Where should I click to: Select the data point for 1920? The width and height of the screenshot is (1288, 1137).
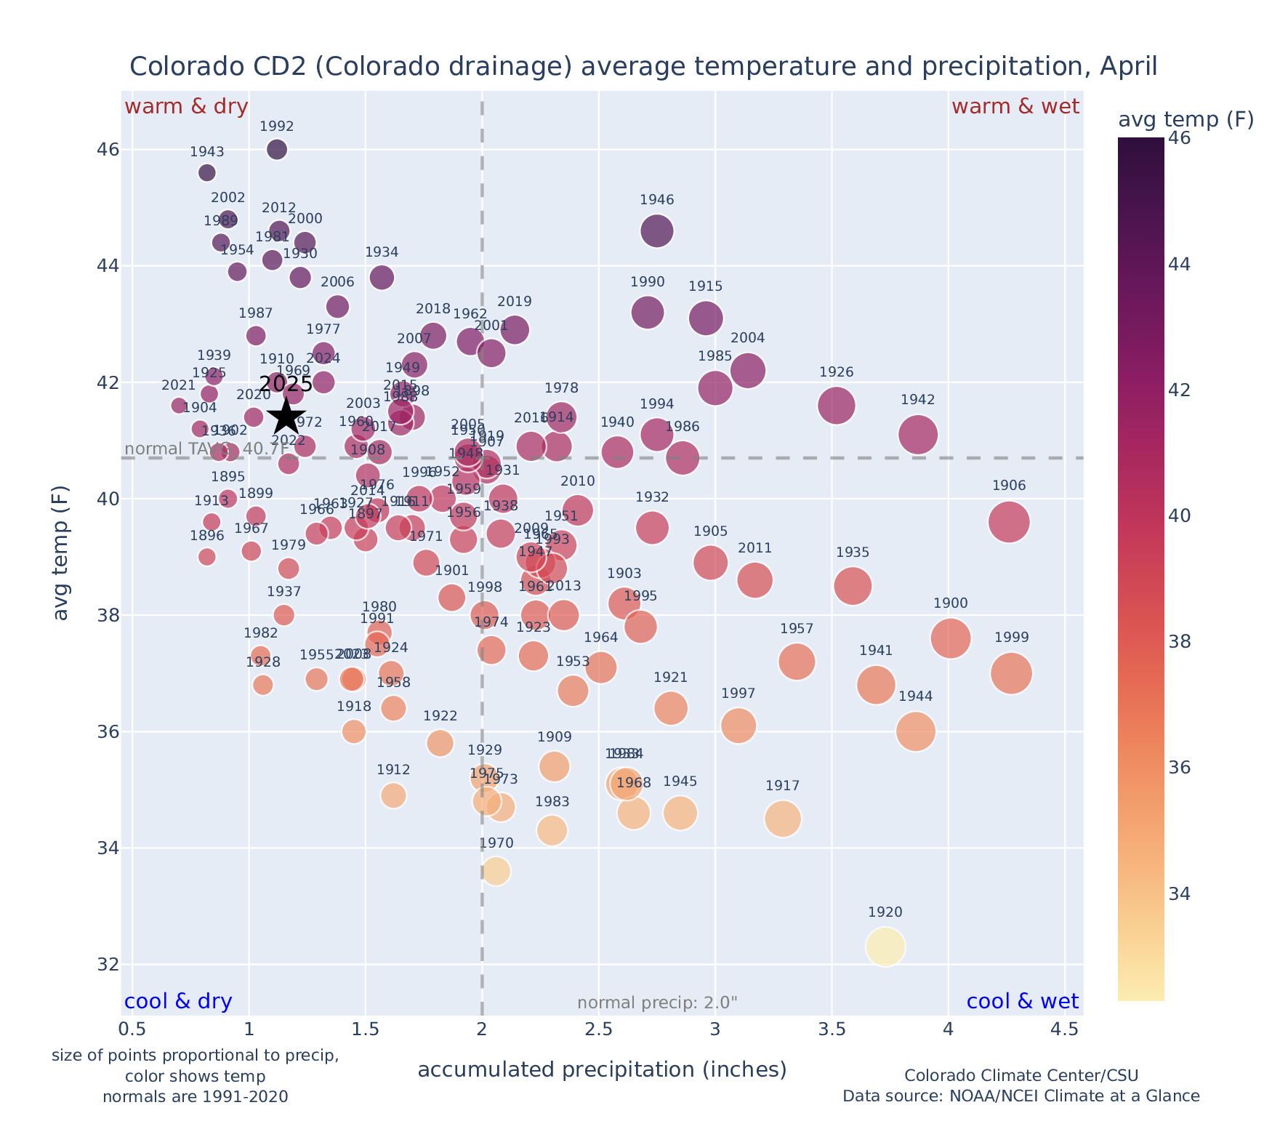(x=885, y=947)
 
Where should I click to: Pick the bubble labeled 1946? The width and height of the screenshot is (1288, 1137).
(x=656, y=231)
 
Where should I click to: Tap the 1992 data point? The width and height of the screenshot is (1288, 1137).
(x=277, y=150)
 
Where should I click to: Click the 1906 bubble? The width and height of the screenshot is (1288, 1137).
(x=1008, y=522)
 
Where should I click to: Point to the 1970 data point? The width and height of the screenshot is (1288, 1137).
(x=496, y=871)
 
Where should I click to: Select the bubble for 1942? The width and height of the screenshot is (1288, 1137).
(x=917, y=435)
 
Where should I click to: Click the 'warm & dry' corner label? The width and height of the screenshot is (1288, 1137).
(x=186, y=107)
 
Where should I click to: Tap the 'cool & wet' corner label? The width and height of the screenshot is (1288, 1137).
(x=1022, y=1002)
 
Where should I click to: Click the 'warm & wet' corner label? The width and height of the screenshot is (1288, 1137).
(x=1015, y=107)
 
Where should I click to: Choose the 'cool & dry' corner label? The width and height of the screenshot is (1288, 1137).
(x=178, y=1002)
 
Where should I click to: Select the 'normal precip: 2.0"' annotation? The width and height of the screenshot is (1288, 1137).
(x=657, y=1003)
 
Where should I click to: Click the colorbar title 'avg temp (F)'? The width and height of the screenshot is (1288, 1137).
(x=1186, y=119)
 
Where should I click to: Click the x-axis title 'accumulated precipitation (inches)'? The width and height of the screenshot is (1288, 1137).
(x=602, y=1069)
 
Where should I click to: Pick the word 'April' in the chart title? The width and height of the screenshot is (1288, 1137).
(x=1128, y=67)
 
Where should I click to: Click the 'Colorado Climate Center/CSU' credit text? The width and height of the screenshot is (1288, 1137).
(x=1021, y=1075)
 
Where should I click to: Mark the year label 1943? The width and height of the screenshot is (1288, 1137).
(x=207, y=152)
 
